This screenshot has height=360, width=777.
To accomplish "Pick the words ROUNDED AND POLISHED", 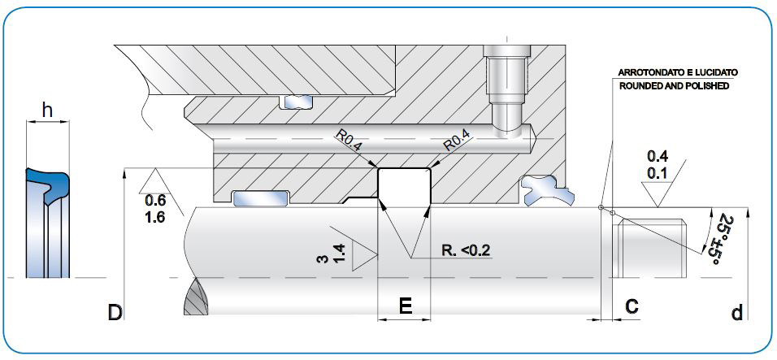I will click(x=674, y=85).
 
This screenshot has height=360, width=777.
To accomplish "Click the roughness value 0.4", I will click(x=658, y=155).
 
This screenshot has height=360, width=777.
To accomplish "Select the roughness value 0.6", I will click(x=154, y=201).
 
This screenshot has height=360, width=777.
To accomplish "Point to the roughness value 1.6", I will click(x=154, y=217).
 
